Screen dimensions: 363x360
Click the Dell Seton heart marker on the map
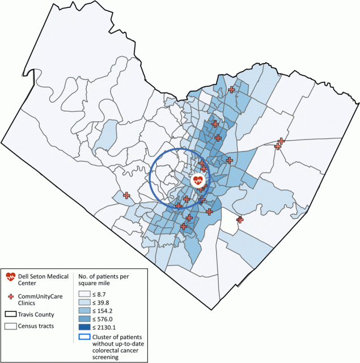197,181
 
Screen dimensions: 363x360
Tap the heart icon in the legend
11,277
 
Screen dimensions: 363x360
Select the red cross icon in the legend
11,297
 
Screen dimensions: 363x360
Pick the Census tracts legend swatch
11,326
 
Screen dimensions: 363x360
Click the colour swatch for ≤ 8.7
84,294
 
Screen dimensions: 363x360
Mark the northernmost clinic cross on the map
231,90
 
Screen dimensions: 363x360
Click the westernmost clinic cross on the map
126,195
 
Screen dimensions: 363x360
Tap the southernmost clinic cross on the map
184,226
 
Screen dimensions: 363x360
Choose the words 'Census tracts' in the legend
40,326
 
